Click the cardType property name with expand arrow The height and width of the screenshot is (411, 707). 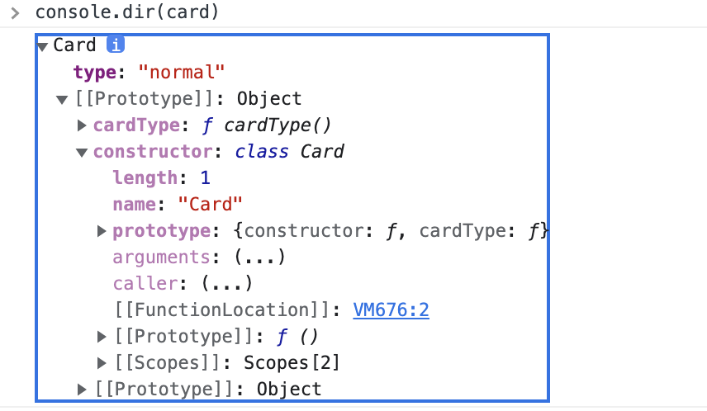coord(135,125)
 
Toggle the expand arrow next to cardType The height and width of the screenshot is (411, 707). coord(82,125)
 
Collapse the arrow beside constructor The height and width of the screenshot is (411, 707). coord(82,152)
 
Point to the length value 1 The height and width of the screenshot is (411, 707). coord(204,178)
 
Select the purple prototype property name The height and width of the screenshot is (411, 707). coord(162,231)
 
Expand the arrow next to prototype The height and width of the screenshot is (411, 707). coord(102,231)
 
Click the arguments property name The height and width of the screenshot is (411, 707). coord(162,257)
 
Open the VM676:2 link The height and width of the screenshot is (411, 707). coord(391,310)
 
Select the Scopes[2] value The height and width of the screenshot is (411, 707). coord(292,362)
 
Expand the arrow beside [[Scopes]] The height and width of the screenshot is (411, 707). coord(102,362)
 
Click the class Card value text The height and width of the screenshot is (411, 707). coord(289,152)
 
